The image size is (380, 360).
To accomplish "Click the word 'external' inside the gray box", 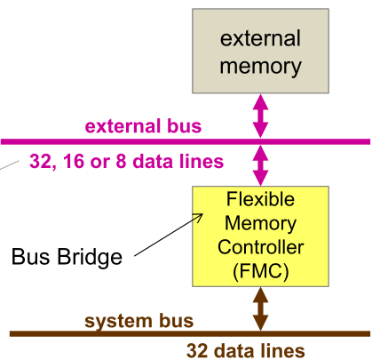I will click(260, 39).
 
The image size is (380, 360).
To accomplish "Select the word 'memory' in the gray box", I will click(260, 66).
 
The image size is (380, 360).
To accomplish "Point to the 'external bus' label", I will click(143, 125).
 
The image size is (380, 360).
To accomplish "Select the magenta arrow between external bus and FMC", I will click(260, 164).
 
